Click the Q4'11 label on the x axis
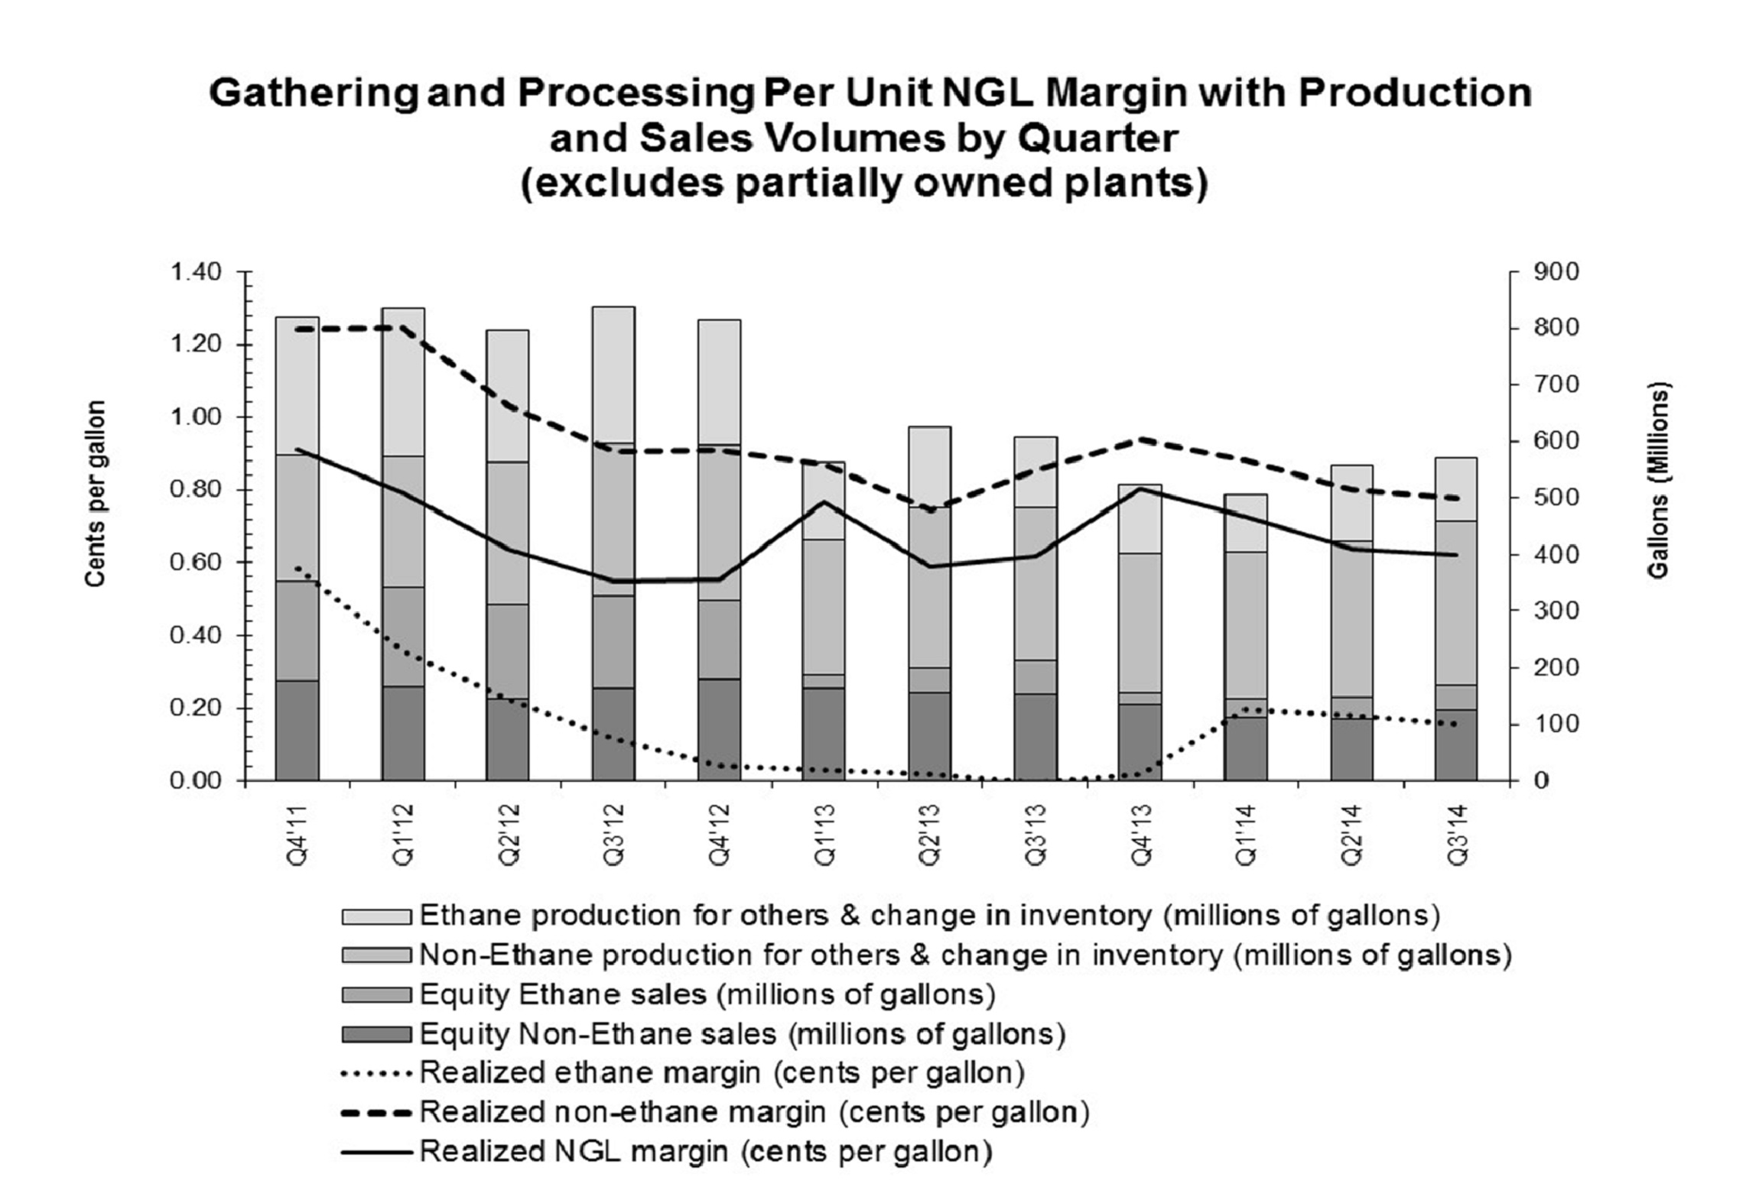(297, 834)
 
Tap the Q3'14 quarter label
(1457, 834)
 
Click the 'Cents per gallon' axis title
(95, 494)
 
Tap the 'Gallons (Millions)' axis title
(1658, 481)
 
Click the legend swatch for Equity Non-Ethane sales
(376, 1035)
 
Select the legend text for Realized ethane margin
(722, 1072)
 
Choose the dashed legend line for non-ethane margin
(376, 1112)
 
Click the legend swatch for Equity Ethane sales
(376, 995)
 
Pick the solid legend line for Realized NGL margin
(376, 1151)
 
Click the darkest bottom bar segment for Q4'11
(297, 730)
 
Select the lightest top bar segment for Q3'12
(613, 375)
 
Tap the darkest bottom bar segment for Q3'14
(1455, 744)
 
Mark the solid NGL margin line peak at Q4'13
(1140, 488)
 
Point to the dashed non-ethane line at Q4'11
(297, 329)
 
